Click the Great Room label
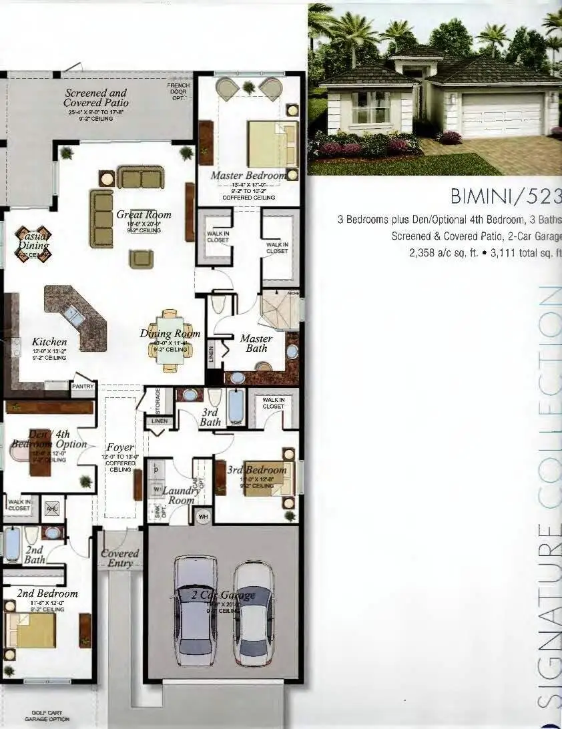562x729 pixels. click(x=144, y=215)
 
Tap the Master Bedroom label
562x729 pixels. click(x=248, y=176)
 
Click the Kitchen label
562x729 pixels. click(x=49, y=342)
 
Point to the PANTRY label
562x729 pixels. click(x=83, y=387)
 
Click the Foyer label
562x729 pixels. click(x=120, y=447)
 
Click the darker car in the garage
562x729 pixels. click(x=196, y=609)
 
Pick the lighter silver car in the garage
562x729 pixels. click(x=254, y=613)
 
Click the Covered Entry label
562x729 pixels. click(x=120, y=559)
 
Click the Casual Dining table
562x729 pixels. click(x=33, y=244)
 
